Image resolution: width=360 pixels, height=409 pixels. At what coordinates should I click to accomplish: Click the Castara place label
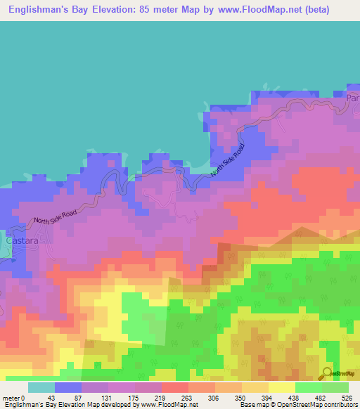point(19,240)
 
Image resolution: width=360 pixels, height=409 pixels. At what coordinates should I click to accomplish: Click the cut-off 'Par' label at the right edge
point(352,100)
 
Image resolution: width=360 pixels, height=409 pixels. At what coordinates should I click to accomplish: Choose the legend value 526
point(348,398)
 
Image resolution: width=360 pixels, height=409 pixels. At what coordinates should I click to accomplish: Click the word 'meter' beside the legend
point(11,398)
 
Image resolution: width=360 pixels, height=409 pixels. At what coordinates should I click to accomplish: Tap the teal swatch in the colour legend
point(41,387)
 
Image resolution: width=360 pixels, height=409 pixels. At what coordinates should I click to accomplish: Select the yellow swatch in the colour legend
point(281,387)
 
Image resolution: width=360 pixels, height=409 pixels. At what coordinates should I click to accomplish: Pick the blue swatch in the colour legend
point(67,387)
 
